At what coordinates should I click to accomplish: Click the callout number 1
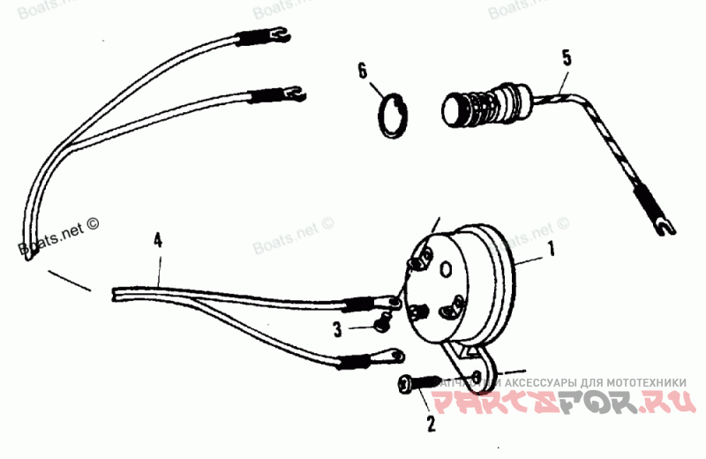[x=552, y=250]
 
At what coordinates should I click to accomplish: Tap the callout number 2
[x=431, y=424]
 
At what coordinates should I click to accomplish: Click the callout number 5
[x=567, y=58]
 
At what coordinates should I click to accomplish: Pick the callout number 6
[x=362, y=71]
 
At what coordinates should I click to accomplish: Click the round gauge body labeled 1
[x=472, y=278]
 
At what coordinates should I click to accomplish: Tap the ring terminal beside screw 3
[x=392, y=303]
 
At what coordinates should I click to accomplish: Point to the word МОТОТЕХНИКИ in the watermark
[x=642, y=382]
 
